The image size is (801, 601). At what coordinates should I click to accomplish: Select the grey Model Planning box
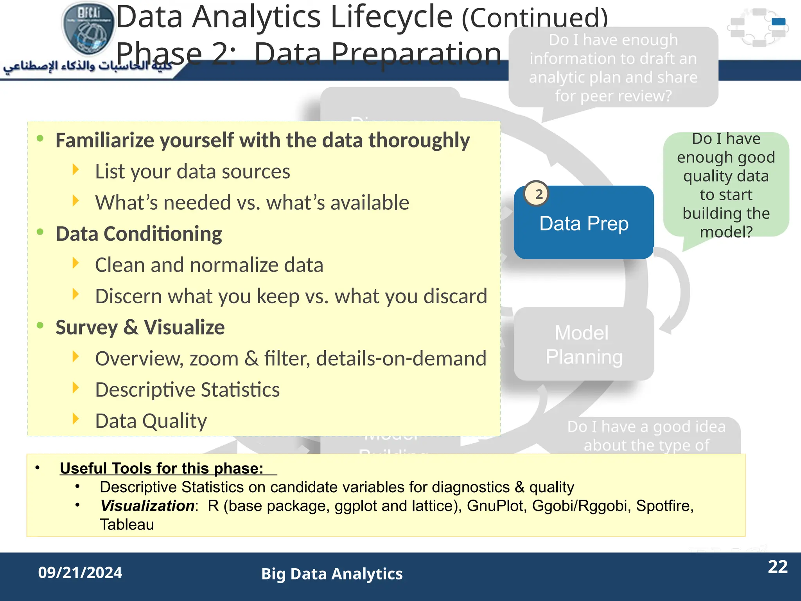584,344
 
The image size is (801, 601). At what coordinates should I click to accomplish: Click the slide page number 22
778,567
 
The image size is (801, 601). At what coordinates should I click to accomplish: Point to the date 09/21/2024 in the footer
80,572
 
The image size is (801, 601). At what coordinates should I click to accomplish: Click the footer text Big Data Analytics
332,574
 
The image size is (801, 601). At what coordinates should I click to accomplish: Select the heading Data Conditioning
139,234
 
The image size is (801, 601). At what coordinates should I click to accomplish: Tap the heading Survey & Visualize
140,327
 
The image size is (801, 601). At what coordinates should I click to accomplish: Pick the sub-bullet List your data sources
192,171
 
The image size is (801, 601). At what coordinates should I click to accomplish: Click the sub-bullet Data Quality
151,421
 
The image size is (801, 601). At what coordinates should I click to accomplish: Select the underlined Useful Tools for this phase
162,468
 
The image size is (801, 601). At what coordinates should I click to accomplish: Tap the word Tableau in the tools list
127,524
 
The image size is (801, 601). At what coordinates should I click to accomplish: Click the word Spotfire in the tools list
664,506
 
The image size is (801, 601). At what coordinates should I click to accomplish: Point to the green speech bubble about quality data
726,185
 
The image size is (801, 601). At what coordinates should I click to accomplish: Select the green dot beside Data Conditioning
40,232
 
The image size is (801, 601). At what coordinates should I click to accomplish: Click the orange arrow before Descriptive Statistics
76,387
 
